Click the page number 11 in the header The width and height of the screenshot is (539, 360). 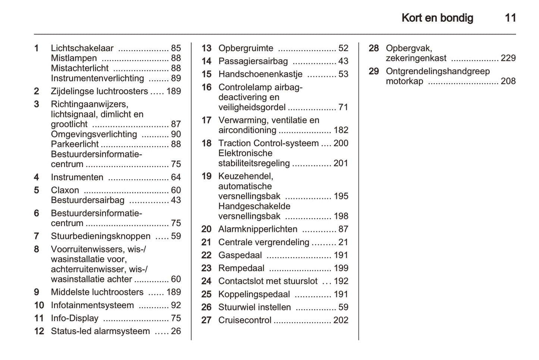[x=510, y=18]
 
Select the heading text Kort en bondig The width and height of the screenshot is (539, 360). [x=437, y=18]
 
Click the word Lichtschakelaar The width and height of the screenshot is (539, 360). [x=82, y=48]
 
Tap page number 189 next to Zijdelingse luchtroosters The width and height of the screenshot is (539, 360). [x=173, y=91]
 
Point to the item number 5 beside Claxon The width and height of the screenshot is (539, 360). [x=37, y=190]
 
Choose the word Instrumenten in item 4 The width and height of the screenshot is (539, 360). [x=77, y=177]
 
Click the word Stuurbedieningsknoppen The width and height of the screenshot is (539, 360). [x=101, y=236]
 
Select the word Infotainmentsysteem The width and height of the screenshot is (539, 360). [x=92, y=305]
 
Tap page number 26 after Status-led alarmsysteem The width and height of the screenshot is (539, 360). [x=176, y=331]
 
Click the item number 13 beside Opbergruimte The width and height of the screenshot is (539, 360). [x=206, y=48]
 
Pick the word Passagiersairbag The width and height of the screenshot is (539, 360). [x=253, y=61]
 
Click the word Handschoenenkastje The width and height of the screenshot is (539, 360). [x=260, y=74]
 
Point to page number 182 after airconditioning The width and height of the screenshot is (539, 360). [x=341, y=130]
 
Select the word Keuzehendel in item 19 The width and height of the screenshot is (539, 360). [x=245, y=176]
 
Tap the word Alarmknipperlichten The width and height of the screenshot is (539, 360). [x=258, y=229]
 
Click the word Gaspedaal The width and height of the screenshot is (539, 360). [x=240, y=255]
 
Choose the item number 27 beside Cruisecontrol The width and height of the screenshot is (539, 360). [x=206, y=320]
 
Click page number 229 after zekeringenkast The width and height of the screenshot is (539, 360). [x=508, y=58]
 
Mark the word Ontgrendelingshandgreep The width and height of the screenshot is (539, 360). [x=438, y=71]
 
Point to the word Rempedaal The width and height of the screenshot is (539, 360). [x=241, y=268]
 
